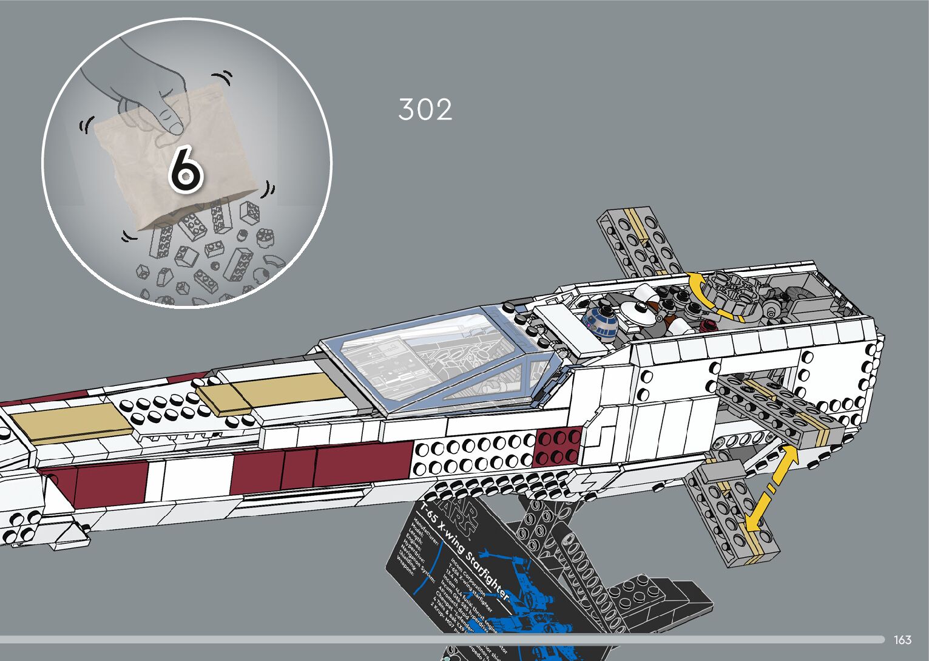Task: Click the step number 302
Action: pos(425,110)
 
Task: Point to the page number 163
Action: pos(902,640)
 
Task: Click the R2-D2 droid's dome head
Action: pos(600,319)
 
